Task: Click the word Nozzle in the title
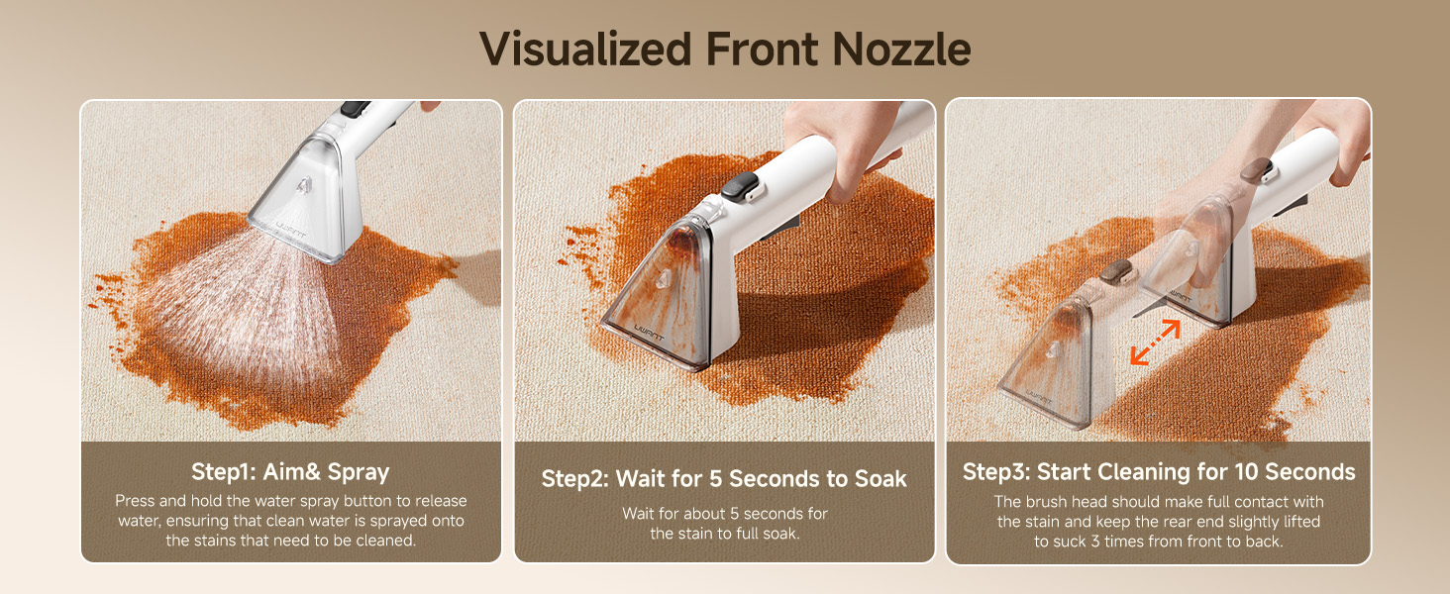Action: tap(901, 49)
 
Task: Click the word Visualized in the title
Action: tap(585, 49)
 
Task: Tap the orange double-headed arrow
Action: tap(1156, 343)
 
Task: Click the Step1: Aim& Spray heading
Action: tap(290, 471)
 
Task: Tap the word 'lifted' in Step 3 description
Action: tap(1301, 522)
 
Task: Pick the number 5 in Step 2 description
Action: tap(734, 514)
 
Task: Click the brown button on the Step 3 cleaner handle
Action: tap(1257, 169)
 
